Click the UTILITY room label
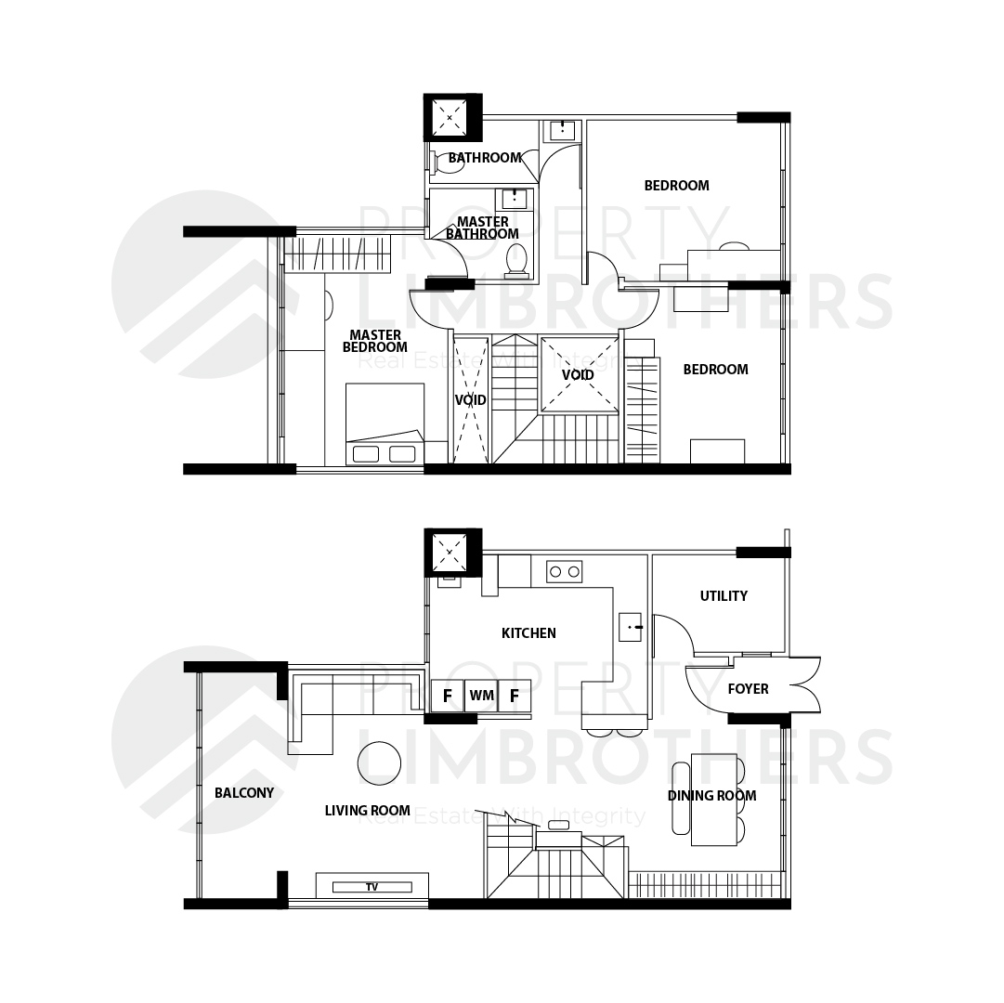724,596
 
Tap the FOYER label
748,689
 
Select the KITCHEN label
528,633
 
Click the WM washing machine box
481,695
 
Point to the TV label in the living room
372,887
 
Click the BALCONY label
244,793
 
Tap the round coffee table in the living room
379,763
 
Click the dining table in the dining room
714,801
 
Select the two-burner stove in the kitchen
564,571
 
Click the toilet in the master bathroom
516,262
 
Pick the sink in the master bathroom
515,199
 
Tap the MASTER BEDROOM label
375,341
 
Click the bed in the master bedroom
385,423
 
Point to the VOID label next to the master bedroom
471,400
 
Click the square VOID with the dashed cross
579,374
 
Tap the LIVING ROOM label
368,811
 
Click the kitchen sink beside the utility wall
631,627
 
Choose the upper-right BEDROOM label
677,186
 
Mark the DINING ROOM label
712,796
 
